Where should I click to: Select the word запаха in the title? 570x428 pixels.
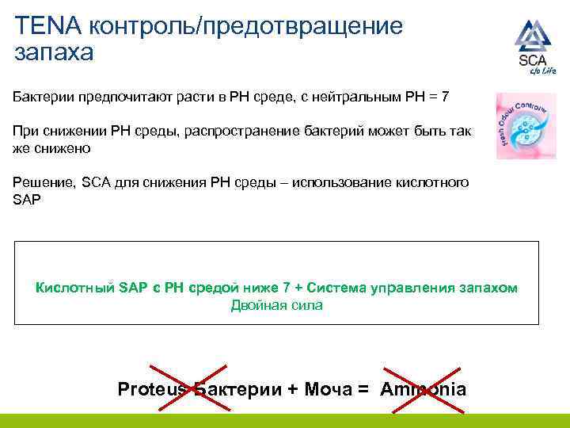pyautogui.click(x=54, y=53)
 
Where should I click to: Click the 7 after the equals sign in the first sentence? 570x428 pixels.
pyautogui.click(x=445, y=97)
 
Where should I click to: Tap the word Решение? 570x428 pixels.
pyautogui.click(x=42, y=183)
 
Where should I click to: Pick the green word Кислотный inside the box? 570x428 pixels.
pyautogui.click(x=75, y=288)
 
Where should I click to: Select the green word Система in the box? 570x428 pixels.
pyautogui.click(x=340, y=288)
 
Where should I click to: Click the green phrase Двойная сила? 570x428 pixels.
pyautogui.click(x=276, y=305)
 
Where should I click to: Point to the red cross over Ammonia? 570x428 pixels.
pyautogui.click(x=422, y=388)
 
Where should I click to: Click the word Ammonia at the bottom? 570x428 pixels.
pyautogui.click(x=423, y=389)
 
